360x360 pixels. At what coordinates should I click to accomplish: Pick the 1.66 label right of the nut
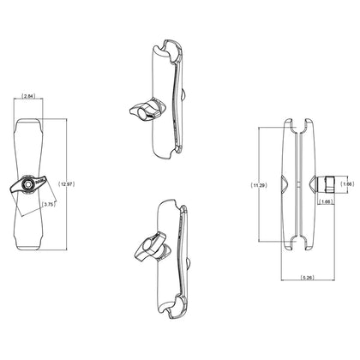(x=346, y=183)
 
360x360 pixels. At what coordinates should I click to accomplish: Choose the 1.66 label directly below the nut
(x=326, y=202)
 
